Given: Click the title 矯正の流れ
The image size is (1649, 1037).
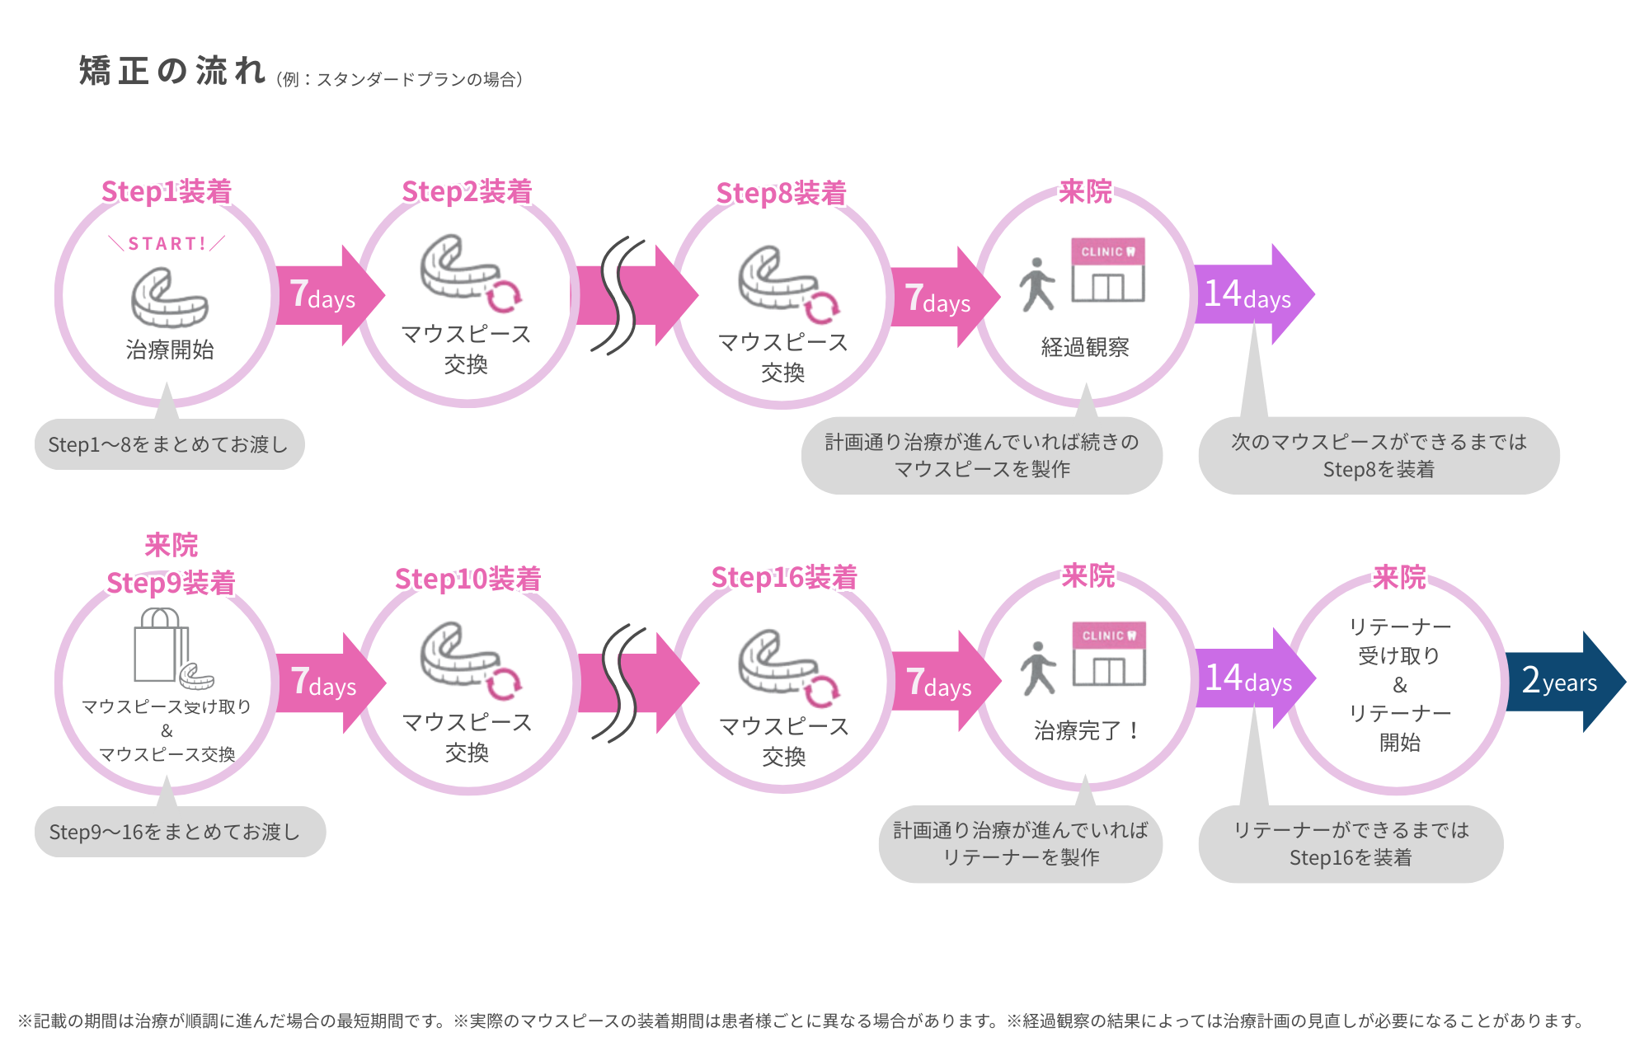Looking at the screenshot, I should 171,72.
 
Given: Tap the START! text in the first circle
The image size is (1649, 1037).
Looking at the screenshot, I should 167,244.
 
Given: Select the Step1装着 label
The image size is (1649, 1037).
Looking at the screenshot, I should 167,191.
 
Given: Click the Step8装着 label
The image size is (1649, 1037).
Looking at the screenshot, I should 781,193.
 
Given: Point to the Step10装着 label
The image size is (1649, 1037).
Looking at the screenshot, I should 467,579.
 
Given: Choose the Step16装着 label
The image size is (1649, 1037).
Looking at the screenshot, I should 784,577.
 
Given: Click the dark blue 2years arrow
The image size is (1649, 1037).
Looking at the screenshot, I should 1562,682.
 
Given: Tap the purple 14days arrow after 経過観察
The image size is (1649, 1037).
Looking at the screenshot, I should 1250,294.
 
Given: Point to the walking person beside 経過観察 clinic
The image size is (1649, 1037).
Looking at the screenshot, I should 1036,284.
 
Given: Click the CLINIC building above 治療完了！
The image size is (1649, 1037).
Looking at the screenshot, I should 1109,654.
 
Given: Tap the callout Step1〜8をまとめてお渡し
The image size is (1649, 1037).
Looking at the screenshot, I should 169,444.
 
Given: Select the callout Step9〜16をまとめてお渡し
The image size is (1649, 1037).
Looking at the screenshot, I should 180,832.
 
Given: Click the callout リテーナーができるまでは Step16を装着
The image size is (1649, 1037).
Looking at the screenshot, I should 1351,843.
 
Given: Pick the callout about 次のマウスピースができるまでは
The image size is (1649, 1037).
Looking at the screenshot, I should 1379,455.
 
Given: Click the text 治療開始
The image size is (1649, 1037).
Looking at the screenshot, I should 170,350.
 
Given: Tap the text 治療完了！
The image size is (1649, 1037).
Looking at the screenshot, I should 1087,730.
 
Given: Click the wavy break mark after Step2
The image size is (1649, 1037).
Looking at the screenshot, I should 618,296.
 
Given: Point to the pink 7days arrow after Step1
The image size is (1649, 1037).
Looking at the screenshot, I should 325,295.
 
